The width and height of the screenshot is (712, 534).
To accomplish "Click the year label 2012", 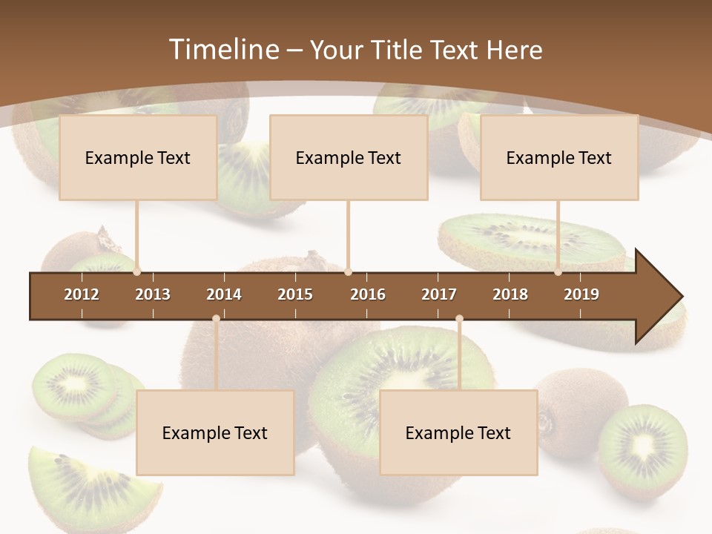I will [82, 294].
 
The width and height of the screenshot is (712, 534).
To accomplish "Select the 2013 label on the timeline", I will [153, 294].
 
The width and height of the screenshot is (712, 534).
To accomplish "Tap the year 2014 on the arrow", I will [224, 294].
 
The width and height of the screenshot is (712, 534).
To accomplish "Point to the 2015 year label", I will [295, 294].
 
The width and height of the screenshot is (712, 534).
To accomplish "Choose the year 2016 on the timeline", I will [368, 294].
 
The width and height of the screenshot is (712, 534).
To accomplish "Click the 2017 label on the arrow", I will [439, 294].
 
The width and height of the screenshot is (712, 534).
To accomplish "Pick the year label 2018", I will [510, 294].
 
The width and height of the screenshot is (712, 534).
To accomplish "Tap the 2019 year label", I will [581, 294].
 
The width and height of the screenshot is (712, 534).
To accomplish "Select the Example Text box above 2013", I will [138, 158].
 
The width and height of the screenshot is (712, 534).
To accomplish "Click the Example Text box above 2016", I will [349, 158].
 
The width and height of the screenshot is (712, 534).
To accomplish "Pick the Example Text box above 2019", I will [559, 158].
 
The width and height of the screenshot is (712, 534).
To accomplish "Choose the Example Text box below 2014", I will [215, 433].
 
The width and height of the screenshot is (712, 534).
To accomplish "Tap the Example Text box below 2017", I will [458, 433].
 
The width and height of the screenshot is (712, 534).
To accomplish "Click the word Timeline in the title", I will [223, 50].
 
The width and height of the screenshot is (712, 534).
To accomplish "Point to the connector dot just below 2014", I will [216, 319].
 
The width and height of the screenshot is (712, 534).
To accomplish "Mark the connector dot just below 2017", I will [459, 319].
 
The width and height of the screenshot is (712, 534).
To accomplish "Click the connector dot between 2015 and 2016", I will [349, 272].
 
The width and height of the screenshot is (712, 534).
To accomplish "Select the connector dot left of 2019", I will [558, 272].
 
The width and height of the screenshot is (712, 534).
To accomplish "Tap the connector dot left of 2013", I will [137, 272].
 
